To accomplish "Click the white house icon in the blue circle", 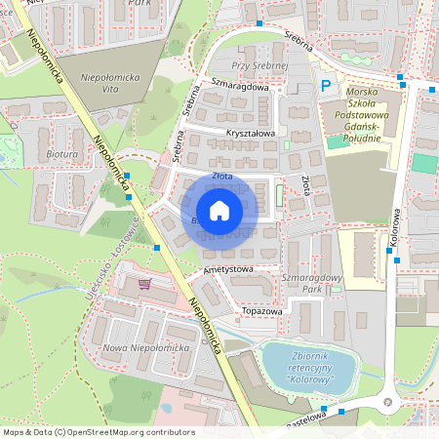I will click(219, 211).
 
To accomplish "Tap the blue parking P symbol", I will click(326, 86).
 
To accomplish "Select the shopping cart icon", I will click(144, 285).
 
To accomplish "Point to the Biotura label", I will click(62, 154).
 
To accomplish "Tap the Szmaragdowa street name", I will click(239, 86).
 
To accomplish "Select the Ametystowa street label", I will click(228, 268).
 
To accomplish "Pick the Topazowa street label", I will click(261, 312).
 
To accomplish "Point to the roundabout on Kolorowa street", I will click(389, 401).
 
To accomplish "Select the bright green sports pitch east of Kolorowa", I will click(425, 164).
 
